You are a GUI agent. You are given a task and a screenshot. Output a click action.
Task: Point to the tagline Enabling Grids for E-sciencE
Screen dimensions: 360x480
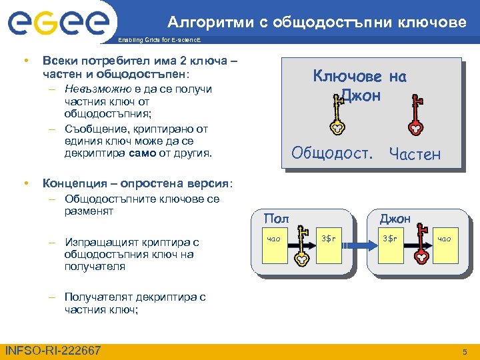(167, 41)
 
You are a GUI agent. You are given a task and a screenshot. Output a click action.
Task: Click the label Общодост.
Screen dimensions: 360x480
(331, 153)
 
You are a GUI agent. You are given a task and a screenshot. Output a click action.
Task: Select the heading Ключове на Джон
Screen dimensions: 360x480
(360, 85)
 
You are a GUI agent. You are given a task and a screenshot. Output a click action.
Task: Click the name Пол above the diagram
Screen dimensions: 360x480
(276, 218)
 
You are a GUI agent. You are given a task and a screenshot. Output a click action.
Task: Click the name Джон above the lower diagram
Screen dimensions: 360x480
(395, 218)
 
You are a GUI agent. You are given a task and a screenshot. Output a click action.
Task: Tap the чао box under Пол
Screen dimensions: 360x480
(273, 239)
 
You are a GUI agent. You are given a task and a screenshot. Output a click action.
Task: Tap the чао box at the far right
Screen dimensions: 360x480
(444, 239)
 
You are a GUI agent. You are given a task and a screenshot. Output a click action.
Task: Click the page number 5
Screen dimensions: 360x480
(465, 351)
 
